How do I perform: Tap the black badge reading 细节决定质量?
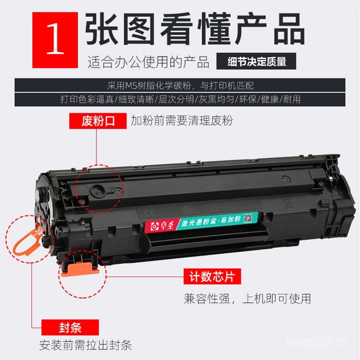(x=256, y=62)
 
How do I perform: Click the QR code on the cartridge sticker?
(x=247, y=219)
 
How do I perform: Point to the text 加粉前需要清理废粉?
(x=181, y=121)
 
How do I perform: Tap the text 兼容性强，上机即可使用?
(x=247, y=298)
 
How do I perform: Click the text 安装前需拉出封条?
(x=85, y=345)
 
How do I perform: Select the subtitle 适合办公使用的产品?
(x=148, y=62)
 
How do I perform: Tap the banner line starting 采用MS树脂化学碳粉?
(x=180, y=85)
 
